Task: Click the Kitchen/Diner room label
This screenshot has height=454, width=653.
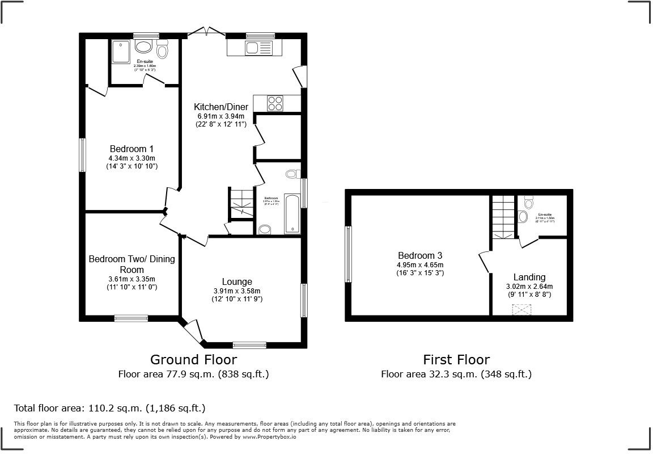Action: point(220,107)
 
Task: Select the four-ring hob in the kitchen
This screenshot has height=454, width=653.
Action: point(275,103)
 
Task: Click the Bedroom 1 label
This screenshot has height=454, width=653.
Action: point(131,149)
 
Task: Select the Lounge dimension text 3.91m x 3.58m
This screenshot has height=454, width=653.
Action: point(237,291)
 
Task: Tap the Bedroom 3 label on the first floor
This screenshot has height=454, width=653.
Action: point(419,255)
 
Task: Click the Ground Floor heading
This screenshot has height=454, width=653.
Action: point(193,359)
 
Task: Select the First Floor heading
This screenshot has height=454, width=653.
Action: point(456,359)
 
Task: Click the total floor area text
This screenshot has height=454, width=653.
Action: point(109,408)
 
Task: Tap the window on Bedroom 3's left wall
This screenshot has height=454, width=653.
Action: point(349,254)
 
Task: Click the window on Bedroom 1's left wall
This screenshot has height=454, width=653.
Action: point(83,155)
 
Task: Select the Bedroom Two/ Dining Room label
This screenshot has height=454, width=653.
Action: point(132,264)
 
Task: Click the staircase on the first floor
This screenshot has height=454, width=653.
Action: point(503,216)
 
